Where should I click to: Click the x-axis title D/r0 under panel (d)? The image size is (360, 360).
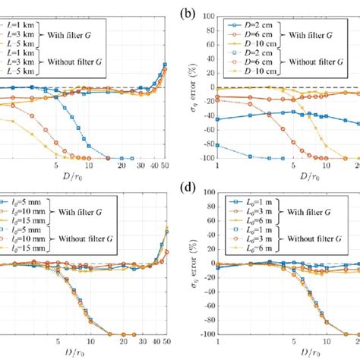[287, 353]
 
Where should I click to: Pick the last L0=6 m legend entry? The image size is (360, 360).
[255, 248]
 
